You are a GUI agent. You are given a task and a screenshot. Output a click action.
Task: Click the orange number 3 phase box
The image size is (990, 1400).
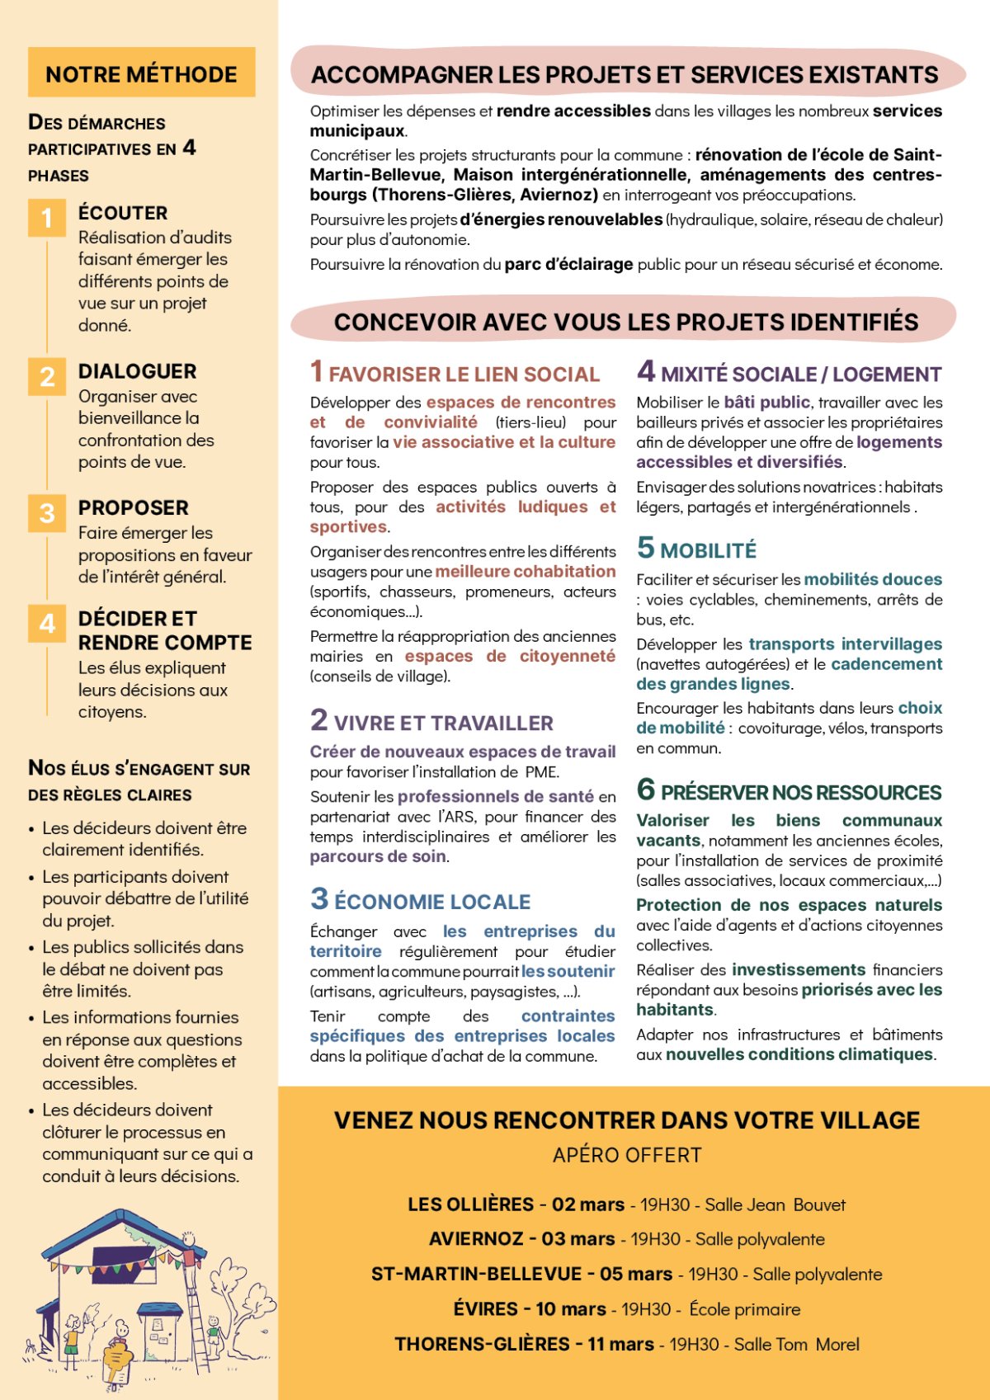[47, 513]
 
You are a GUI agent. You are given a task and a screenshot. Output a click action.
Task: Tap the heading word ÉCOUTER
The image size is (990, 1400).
[123, 213]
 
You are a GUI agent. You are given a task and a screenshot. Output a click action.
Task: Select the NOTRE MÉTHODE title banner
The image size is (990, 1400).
[141, 73]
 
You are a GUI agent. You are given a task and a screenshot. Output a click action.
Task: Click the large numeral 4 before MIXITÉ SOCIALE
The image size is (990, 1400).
[646, 371]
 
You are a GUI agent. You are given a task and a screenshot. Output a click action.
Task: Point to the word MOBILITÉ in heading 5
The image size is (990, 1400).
[708, 550]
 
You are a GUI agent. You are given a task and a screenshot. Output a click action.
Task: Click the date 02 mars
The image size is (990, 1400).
[588, 1204]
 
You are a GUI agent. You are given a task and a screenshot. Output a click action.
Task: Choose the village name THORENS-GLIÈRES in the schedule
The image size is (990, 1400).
[482, 1344]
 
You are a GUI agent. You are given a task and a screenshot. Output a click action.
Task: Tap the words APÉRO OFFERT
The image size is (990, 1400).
[627, 1155]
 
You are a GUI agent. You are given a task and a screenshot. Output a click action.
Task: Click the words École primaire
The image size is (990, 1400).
[744, 1309]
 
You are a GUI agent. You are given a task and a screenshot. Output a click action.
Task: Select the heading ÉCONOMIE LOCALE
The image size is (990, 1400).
[432, 902]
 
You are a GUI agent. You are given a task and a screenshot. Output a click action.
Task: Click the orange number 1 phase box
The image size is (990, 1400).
[47, 218]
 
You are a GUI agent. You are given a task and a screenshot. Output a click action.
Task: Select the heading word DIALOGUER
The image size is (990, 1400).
[137, 371]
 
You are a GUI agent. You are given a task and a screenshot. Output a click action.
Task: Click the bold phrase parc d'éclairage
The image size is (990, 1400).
[568, 264]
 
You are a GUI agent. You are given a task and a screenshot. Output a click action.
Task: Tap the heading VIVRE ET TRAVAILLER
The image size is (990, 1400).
[443, 724]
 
